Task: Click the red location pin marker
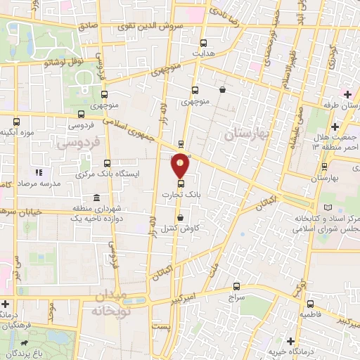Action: point(181,165)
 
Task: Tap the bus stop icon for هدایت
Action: point(203,42)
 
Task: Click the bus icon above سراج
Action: point(236,286)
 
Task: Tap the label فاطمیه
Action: point(314,316)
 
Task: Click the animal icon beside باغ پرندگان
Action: point(26,345)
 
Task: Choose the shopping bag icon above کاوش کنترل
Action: point(181,217)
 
